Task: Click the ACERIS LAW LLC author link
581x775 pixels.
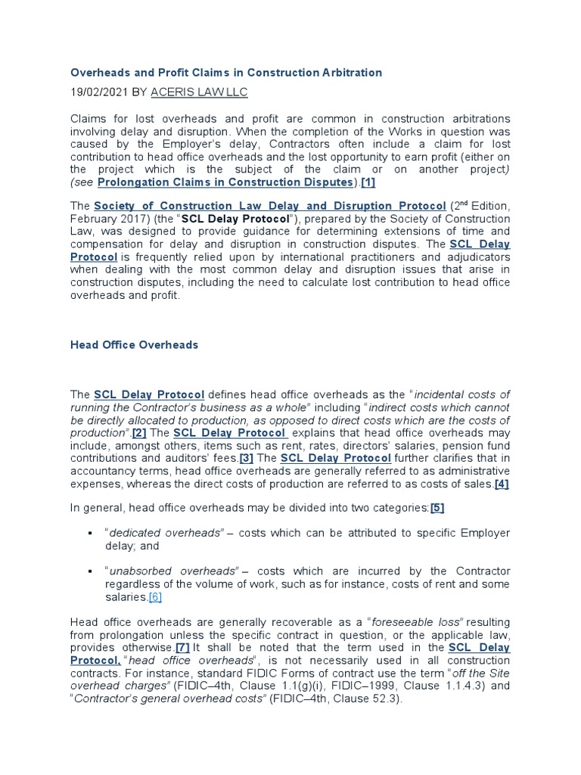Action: point(199,92)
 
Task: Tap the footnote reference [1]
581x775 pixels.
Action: point(368,182)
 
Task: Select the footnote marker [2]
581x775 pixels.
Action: point(140,432)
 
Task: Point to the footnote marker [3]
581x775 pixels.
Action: point(246,458)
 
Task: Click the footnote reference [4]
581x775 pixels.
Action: point(502,484)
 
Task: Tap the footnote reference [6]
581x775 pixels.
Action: point(155,597)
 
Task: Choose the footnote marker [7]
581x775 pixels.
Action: point(182,648)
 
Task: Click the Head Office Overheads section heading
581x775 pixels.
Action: point(134,344)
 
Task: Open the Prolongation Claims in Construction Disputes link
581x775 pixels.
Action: point(225,182)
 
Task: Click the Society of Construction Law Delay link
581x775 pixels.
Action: point(269,206)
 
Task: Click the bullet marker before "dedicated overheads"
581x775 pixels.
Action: point(90,533)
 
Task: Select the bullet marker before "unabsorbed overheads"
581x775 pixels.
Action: point(90,571)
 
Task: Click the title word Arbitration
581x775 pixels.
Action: point(349,73)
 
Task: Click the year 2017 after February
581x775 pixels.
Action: point(129,219)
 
